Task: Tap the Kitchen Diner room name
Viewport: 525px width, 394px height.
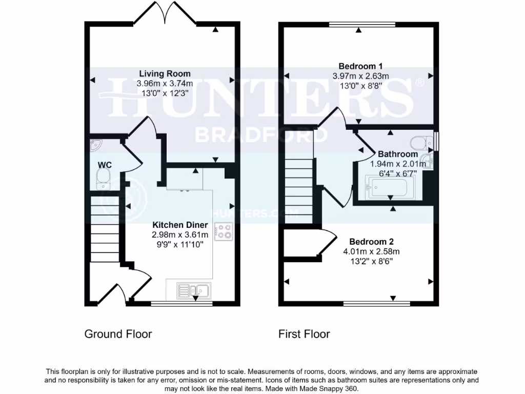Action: [x=180, y=225]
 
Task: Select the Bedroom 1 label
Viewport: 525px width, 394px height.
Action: [x=360, y=66]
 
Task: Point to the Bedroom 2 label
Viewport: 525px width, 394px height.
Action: [x=371, y=242]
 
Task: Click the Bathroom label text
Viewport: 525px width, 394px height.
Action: [x=398, y=154]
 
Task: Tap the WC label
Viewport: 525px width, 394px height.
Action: [x=105, y=165]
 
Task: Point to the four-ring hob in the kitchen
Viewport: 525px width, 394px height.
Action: [x=224, y=231]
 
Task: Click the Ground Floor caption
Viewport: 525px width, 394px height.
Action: [x=118, y=334]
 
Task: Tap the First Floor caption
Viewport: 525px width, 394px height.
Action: [x=304, y=334]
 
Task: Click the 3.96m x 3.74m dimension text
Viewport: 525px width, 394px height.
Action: [x=165, y=83]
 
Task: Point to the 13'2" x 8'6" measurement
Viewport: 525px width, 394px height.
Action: [x=371, y=261]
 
